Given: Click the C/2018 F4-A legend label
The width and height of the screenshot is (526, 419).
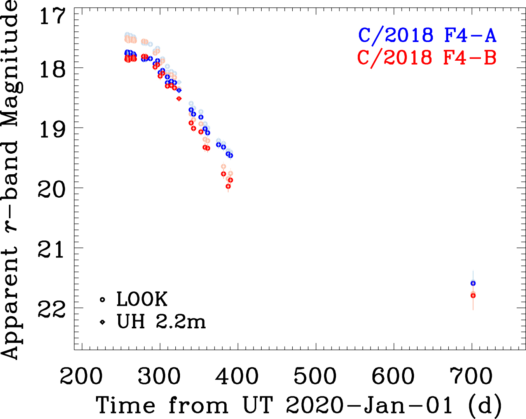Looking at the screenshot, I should pyautogui.click(x=427, y=35).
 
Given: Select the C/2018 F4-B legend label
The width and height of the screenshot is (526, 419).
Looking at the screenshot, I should pyautogui.click(x=427, y=58).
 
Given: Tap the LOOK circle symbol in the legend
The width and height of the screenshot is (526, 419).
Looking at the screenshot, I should pyautogui.click(x=102, y=300).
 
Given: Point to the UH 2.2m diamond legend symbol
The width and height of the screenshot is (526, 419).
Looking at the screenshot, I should pyautogui.click(x=102, y=322).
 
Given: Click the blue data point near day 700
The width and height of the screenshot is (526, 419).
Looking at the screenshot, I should pyautogui.click(x=473, y=283).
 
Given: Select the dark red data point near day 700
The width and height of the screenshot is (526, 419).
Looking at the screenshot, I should pyautogui.click(x=473, y=296).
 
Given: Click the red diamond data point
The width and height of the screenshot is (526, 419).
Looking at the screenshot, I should pyautogui.click(x=179, y=98).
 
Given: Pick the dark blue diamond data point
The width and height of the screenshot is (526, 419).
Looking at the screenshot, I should pyautogui.click(x=179, y=90).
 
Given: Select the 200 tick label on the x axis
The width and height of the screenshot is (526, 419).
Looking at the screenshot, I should pyautogui.click(x=81, y=376).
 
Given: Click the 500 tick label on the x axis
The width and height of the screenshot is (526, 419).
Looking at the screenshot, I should pyautogui.click(x=315, y=376).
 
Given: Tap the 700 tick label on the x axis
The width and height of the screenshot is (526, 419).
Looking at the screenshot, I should pyautogui.click(x=471, y=376).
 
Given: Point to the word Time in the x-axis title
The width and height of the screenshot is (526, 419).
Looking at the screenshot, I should pyautogui.click(x=125, y=405).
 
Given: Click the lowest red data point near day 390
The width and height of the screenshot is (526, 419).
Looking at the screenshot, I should pyautogui.click(x=228, y=186).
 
